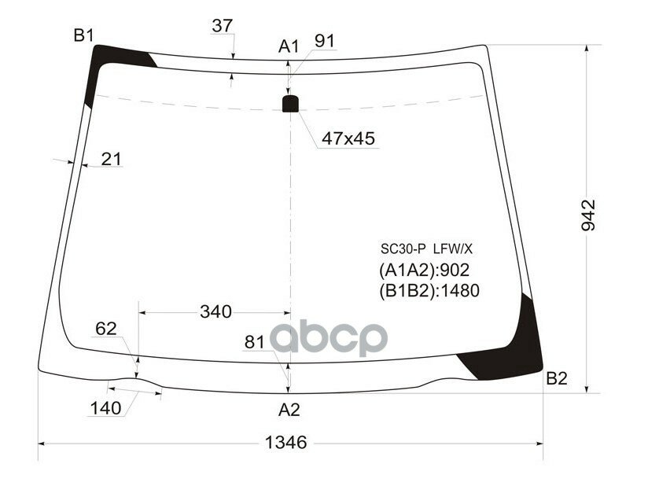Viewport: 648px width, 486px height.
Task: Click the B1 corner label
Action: [84, 35]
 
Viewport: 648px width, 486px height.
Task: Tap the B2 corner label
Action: [556, 379]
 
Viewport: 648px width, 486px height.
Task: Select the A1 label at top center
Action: [289, 46]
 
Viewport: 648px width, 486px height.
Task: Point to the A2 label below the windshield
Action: [289, 409]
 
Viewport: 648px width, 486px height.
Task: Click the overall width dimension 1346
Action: [285, 442]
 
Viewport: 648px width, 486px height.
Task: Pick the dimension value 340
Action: [215, 311]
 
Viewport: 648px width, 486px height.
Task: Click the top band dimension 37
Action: [223, 25]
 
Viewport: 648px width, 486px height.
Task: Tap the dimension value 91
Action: [325, 40]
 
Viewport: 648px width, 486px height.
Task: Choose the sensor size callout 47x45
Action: [348, 138]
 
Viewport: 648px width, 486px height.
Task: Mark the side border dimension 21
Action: [112, 159]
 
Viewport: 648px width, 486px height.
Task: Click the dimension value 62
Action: [106, 329]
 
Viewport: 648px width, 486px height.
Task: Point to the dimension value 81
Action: [255, 342]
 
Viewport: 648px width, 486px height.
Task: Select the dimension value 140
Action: [105, 408]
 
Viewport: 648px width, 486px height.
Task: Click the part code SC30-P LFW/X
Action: [426, 249]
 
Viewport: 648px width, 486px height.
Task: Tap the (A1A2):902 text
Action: [425, 271]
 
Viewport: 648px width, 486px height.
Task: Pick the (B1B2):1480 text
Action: [429, 291]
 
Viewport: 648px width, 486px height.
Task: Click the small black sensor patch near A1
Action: [291, 103]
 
